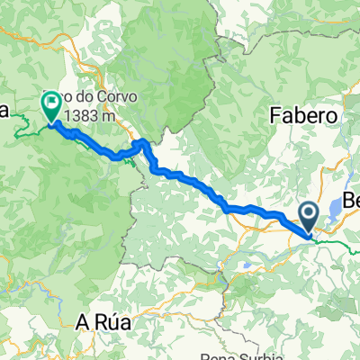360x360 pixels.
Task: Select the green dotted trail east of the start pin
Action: coord(337,242)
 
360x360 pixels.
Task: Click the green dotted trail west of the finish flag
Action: coord(24,133)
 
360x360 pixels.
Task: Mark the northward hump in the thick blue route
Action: coord(140,143)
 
